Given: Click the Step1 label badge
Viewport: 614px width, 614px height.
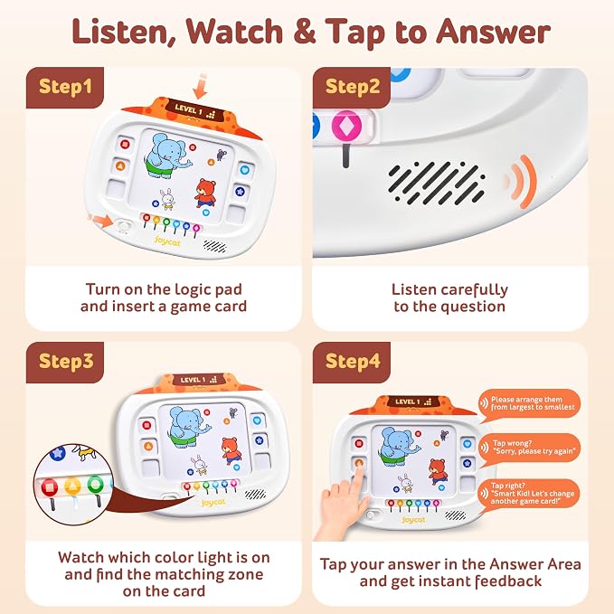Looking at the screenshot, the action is click(65, 88).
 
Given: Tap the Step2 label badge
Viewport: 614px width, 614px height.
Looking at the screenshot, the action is click(352, 88).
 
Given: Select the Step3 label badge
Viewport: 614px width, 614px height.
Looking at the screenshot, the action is click(65, 363).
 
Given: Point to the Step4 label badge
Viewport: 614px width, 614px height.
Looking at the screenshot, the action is click(352, 363).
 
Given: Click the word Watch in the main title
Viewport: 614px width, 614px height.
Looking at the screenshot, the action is click(234, 32).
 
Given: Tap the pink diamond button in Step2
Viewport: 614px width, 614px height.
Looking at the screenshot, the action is click(346, 126).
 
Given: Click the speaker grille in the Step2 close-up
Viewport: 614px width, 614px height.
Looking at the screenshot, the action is click(437, 184).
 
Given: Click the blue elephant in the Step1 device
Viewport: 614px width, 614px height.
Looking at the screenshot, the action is click(165, 156).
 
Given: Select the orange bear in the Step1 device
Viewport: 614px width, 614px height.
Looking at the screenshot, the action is click(205, 193).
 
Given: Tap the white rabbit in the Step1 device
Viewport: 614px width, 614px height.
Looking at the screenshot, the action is click(167, 199).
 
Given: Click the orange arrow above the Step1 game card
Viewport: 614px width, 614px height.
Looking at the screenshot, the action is click(200, 86).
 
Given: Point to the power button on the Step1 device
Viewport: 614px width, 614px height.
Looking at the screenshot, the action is click(123, 227).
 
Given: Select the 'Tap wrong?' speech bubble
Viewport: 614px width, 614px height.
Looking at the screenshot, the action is click(529, 449).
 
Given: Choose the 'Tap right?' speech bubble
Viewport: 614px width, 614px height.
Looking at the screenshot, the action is click(529, 495).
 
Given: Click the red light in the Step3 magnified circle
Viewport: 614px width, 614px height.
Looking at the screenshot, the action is click(50, 487).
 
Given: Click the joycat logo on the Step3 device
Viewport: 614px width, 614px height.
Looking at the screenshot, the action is click(213, 503).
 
